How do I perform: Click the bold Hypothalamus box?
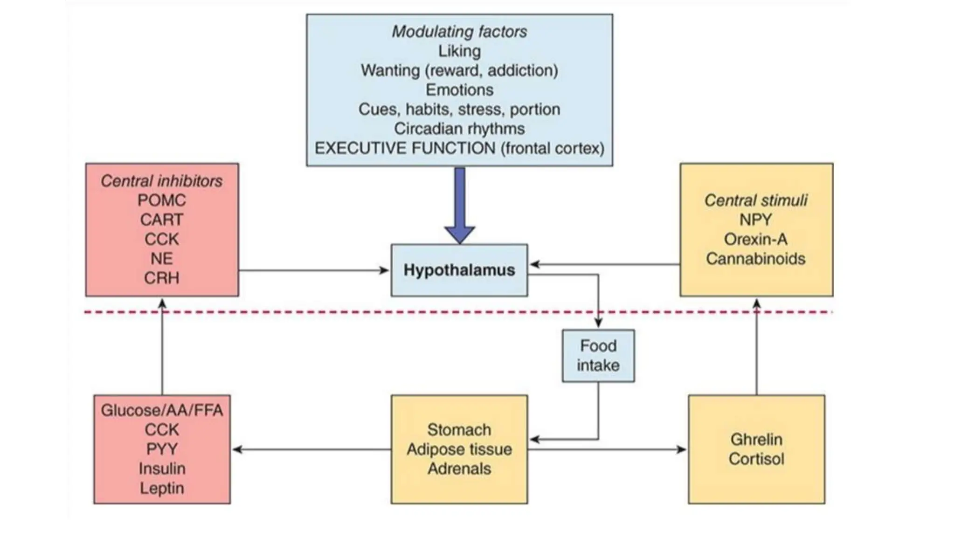[x=459, y=270]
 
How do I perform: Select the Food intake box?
[x=598, y=356]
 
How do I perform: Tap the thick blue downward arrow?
[x=460, y=205]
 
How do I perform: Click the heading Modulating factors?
[x=459, y=32]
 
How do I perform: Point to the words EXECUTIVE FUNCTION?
[x=405, y=148]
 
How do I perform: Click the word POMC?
[x=161, y=200]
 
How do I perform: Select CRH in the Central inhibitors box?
[x=161, y=278]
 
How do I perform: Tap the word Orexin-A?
[x=755, y=239]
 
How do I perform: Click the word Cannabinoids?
[x=755, y=259]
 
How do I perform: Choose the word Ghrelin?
[x=756, y=439]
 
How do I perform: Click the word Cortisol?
[x=756, y=459]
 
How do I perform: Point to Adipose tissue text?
[x=459, y=449]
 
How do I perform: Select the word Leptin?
[x=161, y=488]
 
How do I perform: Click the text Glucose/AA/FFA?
[x=161, y=410]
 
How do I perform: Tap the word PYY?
[x=161, y=449]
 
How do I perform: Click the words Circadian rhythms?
[x=459, y=129]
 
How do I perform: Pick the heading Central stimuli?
[x=755, y=200]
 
